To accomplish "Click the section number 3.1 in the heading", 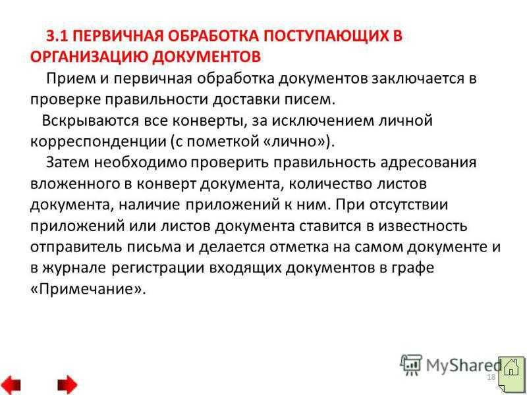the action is point(57,36).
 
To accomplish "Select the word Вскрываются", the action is point(90,121).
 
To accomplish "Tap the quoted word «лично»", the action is point(294,142).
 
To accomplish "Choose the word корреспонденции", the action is point(98,142).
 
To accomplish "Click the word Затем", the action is point(68,163).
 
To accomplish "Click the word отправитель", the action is point(76,248).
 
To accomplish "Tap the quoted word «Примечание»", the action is point(88,289).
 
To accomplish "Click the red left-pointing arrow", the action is point(11,384).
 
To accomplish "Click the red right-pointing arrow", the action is point(67,384).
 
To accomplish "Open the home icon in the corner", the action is point(511,373).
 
